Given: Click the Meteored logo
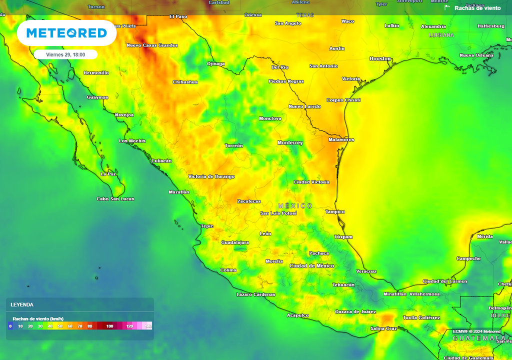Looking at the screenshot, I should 66,33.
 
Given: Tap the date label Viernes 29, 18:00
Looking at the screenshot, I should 65,54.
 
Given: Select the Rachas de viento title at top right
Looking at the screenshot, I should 477,8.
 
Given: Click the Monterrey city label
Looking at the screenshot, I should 290,143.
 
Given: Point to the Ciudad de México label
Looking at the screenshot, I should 311,266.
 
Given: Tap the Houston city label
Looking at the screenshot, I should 380,59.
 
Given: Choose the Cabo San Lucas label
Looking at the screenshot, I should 115,199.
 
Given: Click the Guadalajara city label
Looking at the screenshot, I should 235,242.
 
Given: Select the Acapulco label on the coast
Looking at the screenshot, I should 297,315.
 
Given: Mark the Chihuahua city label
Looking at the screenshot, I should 185,82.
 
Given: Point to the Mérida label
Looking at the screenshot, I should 485,236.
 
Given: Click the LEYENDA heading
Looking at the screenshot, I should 22,304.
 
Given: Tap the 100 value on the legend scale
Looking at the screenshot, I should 109,326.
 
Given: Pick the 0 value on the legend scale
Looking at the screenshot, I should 10,326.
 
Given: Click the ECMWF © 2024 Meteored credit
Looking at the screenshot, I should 476,331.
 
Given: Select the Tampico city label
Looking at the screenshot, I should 335,211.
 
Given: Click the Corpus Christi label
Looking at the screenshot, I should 343,100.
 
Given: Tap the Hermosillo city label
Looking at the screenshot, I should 96,73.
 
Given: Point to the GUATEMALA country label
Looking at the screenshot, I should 478,338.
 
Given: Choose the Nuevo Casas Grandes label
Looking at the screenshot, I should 152,45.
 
